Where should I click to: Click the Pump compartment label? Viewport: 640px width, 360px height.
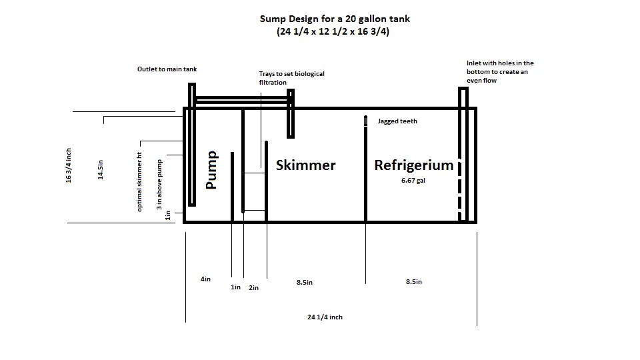pyautogui.click(x=211, y=170)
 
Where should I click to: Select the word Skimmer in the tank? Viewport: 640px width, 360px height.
pyautogui.click(x=306, y=165)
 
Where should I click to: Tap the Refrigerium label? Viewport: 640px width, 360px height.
pyautogui.click(x=414, y=165)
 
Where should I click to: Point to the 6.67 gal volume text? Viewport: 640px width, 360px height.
pyautogui.click(x=413, y=181)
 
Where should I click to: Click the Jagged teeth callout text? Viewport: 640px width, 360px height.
pyautogui.click(x=397, y=121)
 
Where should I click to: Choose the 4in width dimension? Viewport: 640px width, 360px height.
pyautogui.click(x=205, y=279)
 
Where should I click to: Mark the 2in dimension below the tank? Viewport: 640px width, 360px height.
pyautogui.click(x=253, y=288)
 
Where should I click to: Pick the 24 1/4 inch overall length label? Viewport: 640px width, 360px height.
pyautogui.click(x=325, y=317)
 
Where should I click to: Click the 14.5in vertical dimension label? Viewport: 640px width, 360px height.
pyautogui.click(x=101, y=170)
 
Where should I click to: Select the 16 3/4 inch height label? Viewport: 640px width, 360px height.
pyautogui.click(x=69, y=165)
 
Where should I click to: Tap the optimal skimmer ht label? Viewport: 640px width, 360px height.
pyautogui.click(x=139, y=182)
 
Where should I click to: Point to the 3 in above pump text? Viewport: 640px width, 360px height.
pyautogui.click(x=159, y=185)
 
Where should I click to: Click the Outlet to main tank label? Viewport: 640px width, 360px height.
pyautogui.click(x=167, y=69)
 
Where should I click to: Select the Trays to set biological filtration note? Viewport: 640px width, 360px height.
pyautogui.click(x=292, y=78)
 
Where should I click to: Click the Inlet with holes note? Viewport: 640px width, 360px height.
pyautogui.click(x=500, y=72)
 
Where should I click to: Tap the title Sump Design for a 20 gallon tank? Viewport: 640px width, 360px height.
pyautogui.click(x=335, y=19)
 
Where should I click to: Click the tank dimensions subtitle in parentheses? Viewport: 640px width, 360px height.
pyautogui.click(x=333, y=31)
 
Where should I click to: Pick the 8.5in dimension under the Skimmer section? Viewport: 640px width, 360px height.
pyautogui.click(x=305, y=283)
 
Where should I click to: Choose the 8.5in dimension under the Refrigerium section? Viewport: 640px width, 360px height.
pyautogui.click(x=414, y=281)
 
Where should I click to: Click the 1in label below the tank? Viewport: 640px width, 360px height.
pyautogui.click(x=235, y=287)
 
